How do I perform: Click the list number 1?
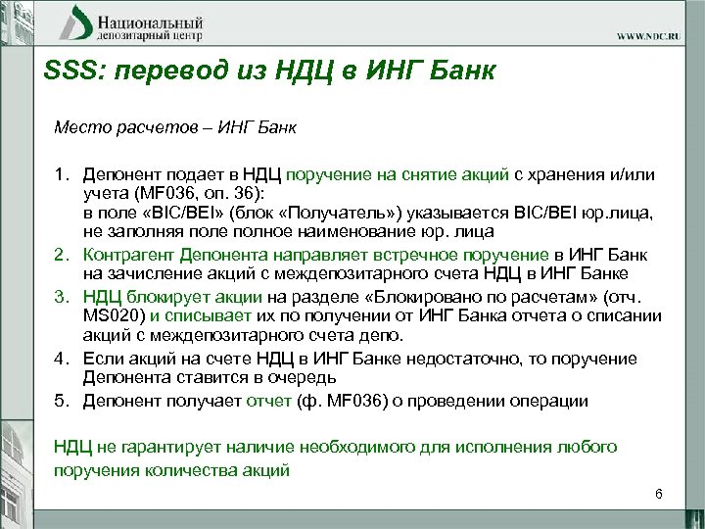61,174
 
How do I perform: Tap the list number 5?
61,401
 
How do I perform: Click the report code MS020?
109,315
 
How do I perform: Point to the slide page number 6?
659,495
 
